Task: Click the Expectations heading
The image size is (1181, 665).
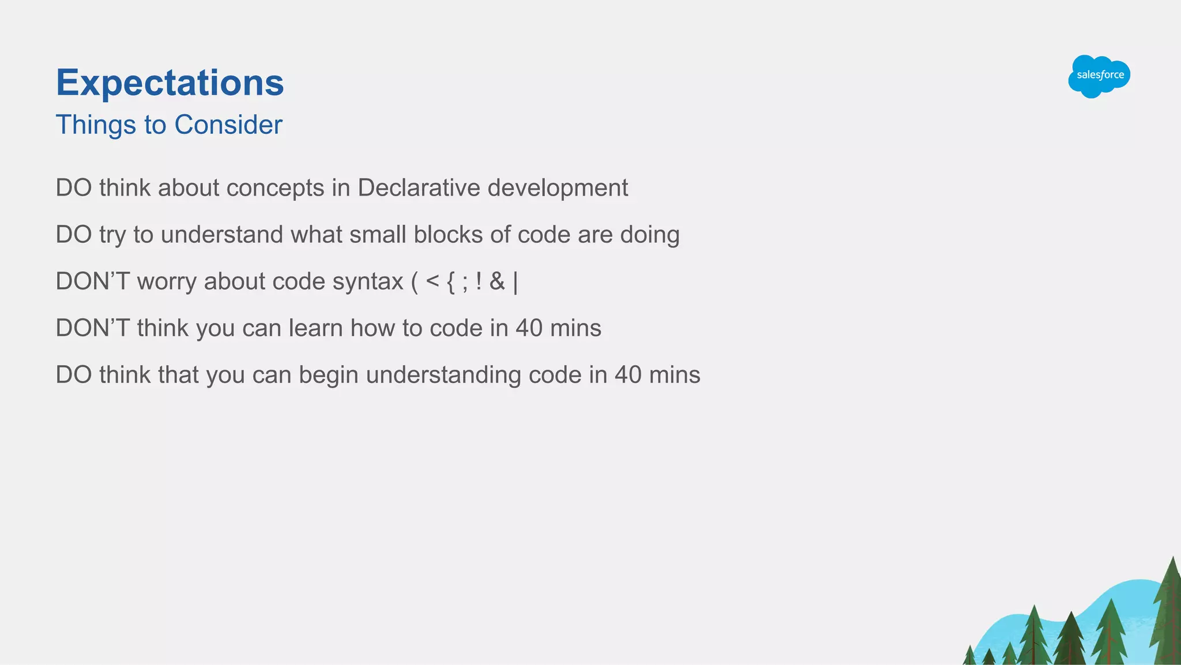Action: (170, 82)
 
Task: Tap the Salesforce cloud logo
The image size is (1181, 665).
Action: (1099, 76)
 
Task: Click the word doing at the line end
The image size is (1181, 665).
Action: (649, 235)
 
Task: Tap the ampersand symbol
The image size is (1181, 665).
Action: (497, 281)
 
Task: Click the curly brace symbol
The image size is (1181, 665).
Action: (451, 282)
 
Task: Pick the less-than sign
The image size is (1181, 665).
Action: (432, 281)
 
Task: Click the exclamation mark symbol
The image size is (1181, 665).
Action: (479, 281)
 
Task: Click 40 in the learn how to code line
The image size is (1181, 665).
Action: (529, 328)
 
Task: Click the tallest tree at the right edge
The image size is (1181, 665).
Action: (1168, 611)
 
